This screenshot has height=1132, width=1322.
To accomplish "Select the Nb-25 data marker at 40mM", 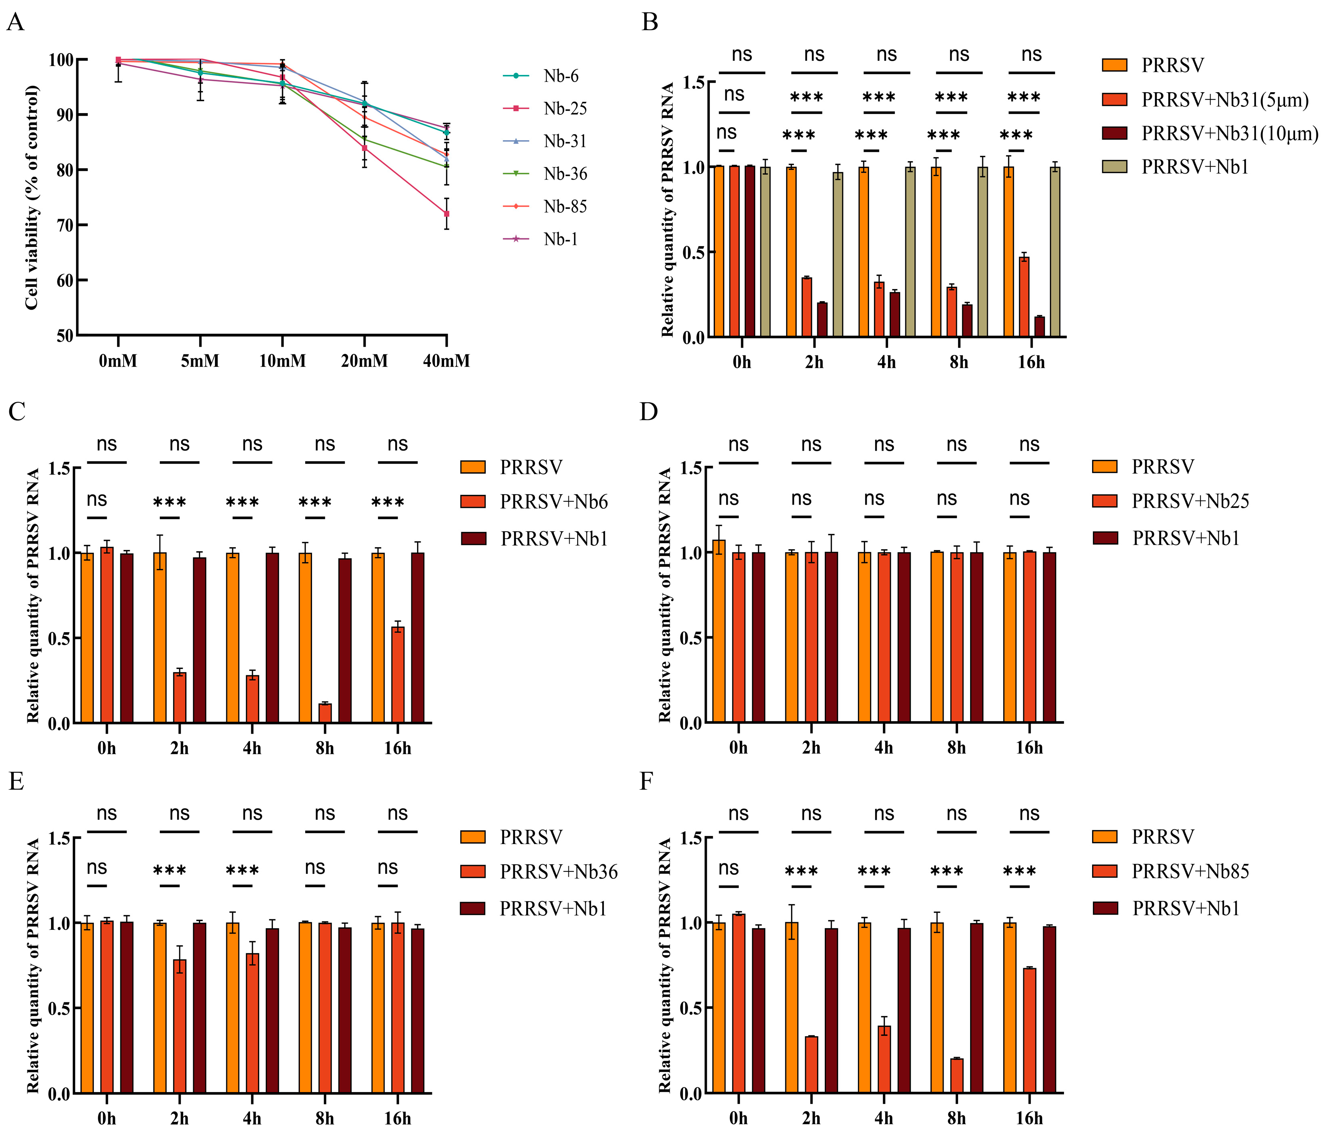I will click(446, 214).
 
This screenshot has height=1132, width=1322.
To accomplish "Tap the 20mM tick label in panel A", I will click(364, 361).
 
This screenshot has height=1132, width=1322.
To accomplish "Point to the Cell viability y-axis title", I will click(32, 198).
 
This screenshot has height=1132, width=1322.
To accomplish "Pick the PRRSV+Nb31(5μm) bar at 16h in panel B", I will click(1024, 297).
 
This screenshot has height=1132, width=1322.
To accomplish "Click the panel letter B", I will click(649, 22).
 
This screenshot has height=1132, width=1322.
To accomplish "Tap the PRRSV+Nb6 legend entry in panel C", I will click(553, 502).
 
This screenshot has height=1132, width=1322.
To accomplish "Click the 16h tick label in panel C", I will click(397, 748).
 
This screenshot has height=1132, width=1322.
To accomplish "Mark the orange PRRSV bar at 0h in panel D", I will click(719, 631).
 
